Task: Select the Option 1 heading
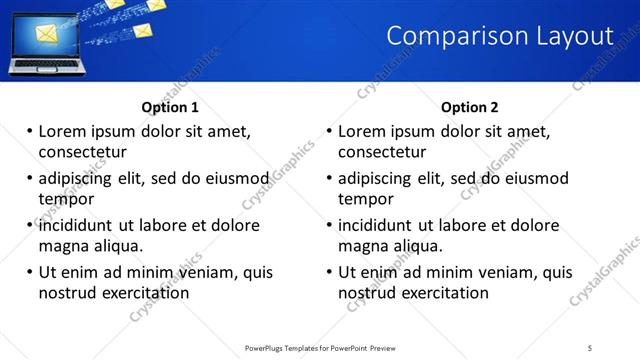pos(170,107)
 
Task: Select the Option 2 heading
pos(470,107)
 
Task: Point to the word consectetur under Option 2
pos(382,152)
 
